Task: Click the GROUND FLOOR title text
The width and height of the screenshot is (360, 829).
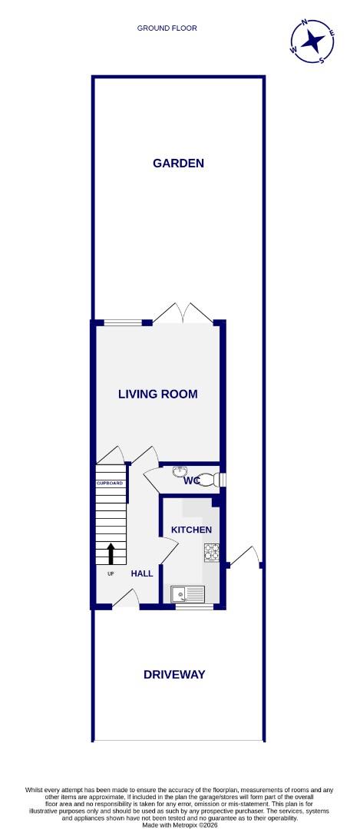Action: click(x=167, y=28)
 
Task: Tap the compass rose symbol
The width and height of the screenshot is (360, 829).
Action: click(x=312, y=40)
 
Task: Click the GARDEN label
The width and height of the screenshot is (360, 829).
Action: click(x=178, y=163)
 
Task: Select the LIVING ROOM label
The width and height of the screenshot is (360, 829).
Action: click(x=157, y=394)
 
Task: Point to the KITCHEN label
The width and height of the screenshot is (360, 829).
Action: click(x=190, y=530)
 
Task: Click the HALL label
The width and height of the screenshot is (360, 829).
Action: click(x=141, y=573)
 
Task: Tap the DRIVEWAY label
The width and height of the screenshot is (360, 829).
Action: click(x=174, y=674)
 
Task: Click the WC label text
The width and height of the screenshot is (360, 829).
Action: click(x=192, y=481)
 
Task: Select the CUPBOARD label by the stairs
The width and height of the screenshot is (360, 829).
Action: click(x=110, y=483)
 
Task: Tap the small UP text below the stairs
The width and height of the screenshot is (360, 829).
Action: click(x=110, y=573)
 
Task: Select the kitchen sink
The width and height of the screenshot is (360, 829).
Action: click(x=187, y=593)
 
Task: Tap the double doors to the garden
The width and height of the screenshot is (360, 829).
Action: click(x=183, y=313)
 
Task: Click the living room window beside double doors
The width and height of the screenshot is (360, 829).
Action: click(x=123, y=322)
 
